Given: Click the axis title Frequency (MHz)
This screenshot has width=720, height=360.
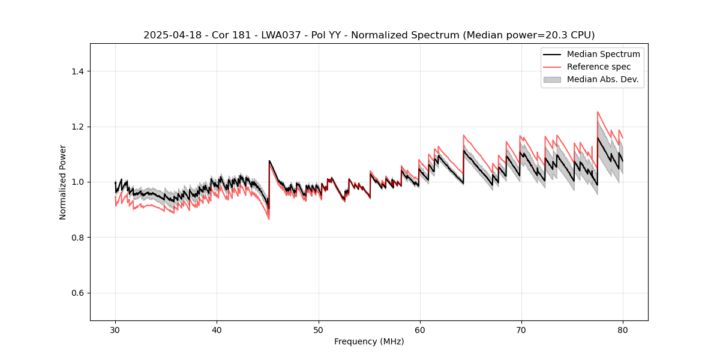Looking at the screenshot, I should pyautogui.click(x=369, y=341).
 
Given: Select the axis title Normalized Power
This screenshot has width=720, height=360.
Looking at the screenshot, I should pyautogui.click(x=63, y=182).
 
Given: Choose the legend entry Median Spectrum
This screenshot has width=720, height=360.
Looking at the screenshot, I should pyautogui.click(x=603, y=54).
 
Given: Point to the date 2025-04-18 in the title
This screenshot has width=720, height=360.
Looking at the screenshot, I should pyautogui.click(x=172, y=35).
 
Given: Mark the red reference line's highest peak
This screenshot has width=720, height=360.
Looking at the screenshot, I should pyautogui.click(x=598, y=112).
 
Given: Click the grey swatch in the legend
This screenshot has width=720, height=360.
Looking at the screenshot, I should pyautogui.click(x=552, y=79).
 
